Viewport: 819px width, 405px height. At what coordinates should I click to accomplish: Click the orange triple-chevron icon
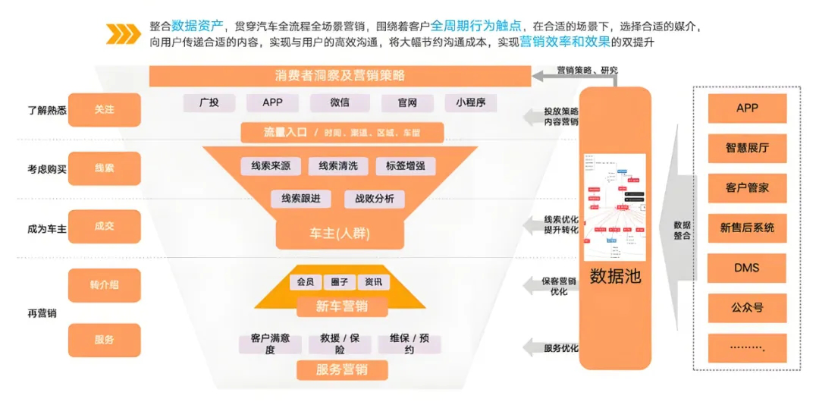pyautogui.click(x=123, y=33)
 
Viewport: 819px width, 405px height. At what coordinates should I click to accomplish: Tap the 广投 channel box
pyautogui.click(x=209, y=102)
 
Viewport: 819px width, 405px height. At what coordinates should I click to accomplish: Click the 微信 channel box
pyautogui.click(x=340, y=102)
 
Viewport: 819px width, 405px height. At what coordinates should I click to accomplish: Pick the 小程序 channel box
pyautogui.click(x=470, y=102)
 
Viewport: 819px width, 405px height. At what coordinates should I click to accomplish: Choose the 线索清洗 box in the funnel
pyautogui.click(x=337, y=166)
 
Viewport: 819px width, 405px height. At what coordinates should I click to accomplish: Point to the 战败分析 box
pyautogui.click(x=369, y=199)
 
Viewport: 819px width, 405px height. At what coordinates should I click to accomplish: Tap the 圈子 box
pyautogui.click(x=340, y=282)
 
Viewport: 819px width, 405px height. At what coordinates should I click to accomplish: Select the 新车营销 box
pyautogui.click(x=342, y=306)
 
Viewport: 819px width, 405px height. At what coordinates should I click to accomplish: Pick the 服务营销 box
pyautogui.click(x=342, y=370)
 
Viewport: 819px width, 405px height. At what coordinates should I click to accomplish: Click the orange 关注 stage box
pyautogui.click(x=105, y=110)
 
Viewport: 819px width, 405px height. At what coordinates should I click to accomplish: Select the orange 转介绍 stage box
pyautogui.click(x=105, y=284)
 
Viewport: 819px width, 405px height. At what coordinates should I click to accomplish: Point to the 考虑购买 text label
pyautogui.click(x=47, y=169)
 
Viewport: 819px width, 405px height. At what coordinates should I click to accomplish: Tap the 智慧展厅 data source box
pyautogui.click(x=747, y=148)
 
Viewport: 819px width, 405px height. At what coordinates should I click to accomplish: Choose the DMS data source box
pyautogui.click(x=747, y=268)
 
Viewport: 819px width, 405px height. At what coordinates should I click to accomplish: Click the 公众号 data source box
pyautogui.click(x=747, y=308)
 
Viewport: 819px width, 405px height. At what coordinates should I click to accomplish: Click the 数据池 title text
pyautogui.click(x=615, y=276)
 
